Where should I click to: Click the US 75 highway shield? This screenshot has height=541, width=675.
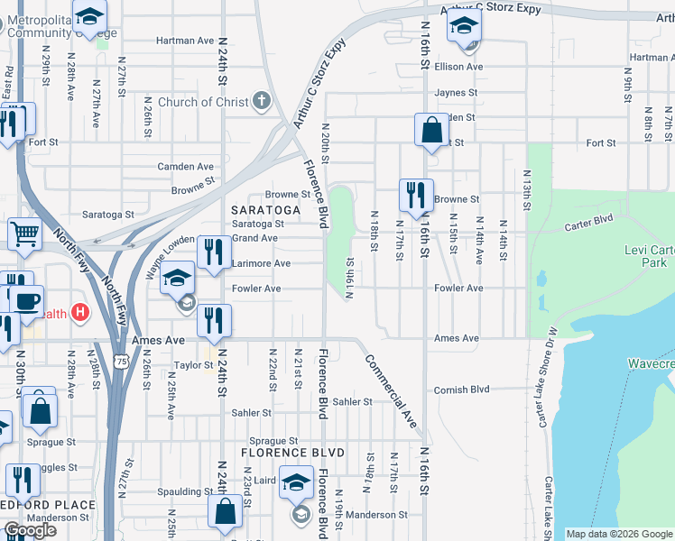tap(122, 335)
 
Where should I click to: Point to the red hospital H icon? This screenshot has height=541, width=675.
tap(80, 314)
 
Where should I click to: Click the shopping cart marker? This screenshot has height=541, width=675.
tap(24, 234)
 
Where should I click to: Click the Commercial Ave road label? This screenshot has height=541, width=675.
tap(391, 390)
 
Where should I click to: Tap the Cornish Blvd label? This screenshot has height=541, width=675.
tap(460, 390)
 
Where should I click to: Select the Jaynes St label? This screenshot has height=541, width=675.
tap(455, 93)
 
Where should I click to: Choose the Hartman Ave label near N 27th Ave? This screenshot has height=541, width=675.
tap(184, 41)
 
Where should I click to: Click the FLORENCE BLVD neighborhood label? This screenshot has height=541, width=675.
tap(280, 451)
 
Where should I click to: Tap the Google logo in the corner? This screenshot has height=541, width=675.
tap(30, 530)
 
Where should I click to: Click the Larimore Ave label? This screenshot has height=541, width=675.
tap(261, 263)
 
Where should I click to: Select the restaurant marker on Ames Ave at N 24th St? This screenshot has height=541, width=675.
tap(214, 321)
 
